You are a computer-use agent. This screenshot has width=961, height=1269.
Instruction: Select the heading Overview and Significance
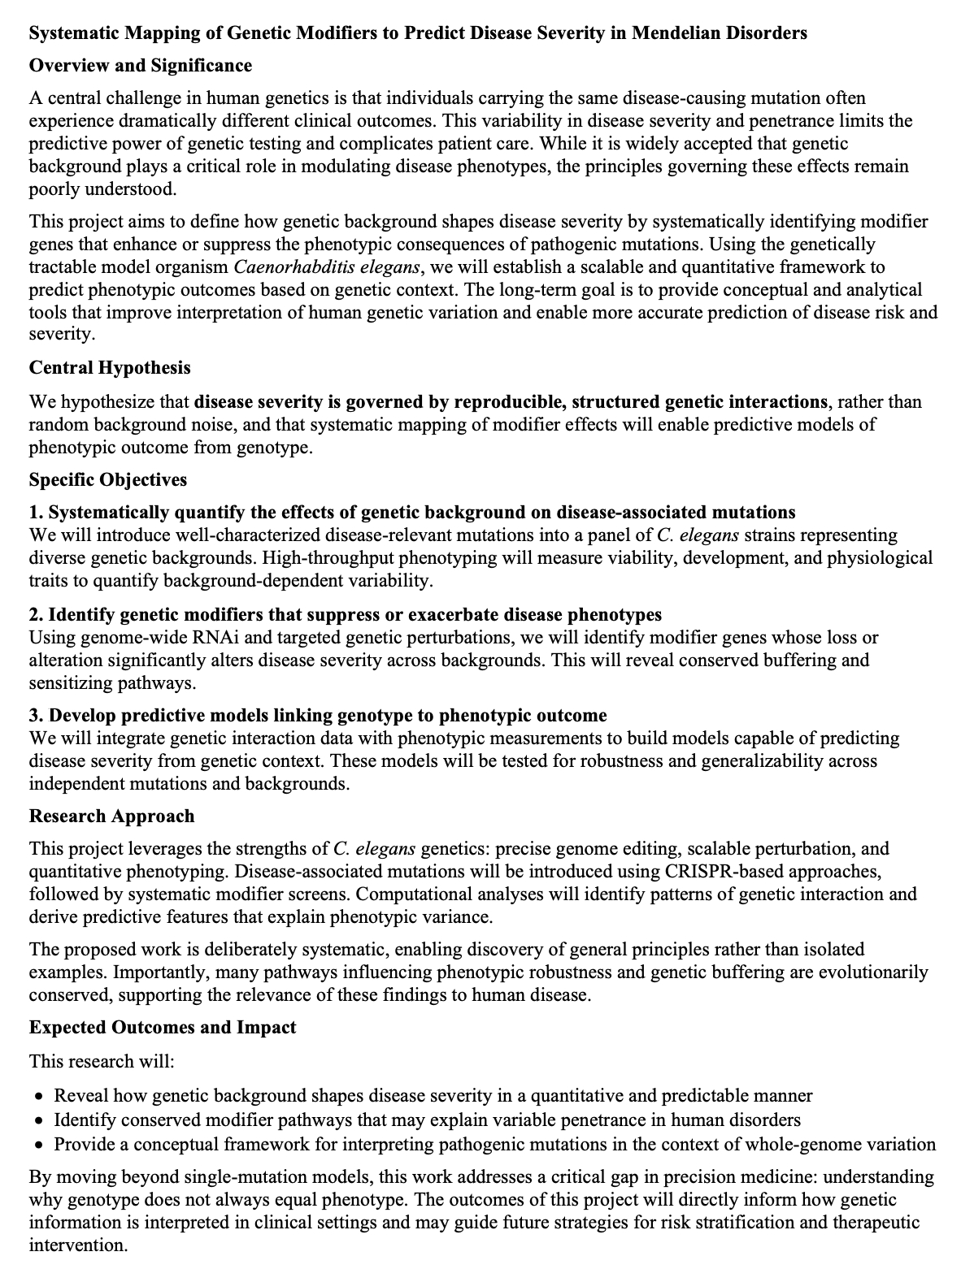[141, 66]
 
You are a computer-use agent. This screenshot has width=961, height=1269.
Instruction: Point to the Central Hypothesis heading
[110, 368]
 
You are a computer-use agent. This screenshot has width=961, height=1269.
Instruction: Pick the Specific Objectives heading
[108, 480]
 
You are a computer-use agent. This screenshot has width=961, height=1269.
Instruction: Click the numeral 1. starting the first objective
[36, 513]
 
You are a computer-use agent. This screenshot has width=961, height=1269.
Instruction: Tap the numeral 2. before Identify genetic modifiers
[36, 614]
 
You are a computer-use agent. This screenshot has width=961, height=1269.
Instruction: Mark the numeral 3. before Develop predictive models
[36, 716]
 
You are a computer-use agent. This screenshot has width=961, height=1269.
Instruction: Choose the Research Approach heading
[112, 816]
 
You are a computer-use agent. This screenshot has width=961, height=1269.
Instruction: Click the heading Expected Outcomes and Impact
[163, 1028]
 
